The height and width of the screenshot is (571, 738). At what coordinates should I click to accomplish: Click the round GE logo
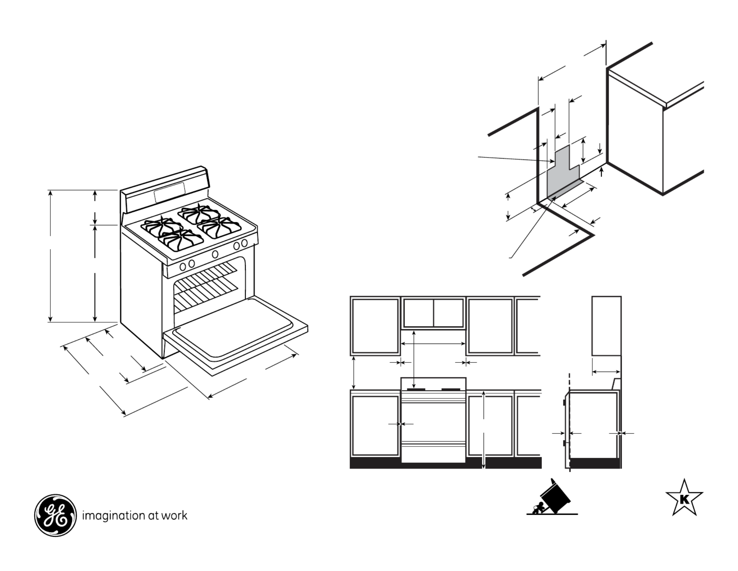coord(55,515)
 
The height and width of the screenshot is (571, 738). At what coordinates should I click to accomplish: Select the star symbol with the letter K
coord(684,499)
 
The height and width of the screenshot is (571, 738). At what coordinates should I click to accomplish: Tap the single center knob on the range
coord(215,254)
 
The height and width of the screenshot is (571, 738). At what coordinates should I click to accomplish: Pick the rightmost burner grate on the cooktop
coord(219,227)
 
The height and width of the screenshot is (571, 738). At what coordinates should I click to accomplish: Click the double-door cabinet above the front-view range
coord(433,313)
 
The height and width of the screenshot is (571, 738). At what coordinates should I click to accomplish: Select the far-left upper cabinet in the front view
coord(375,326)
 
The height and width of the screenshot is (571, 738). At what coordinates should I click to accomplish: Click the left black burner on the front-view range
coord(416,389)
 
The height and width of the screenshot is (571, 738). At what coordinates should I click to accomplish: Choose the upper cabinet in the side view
coord(606,326)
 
